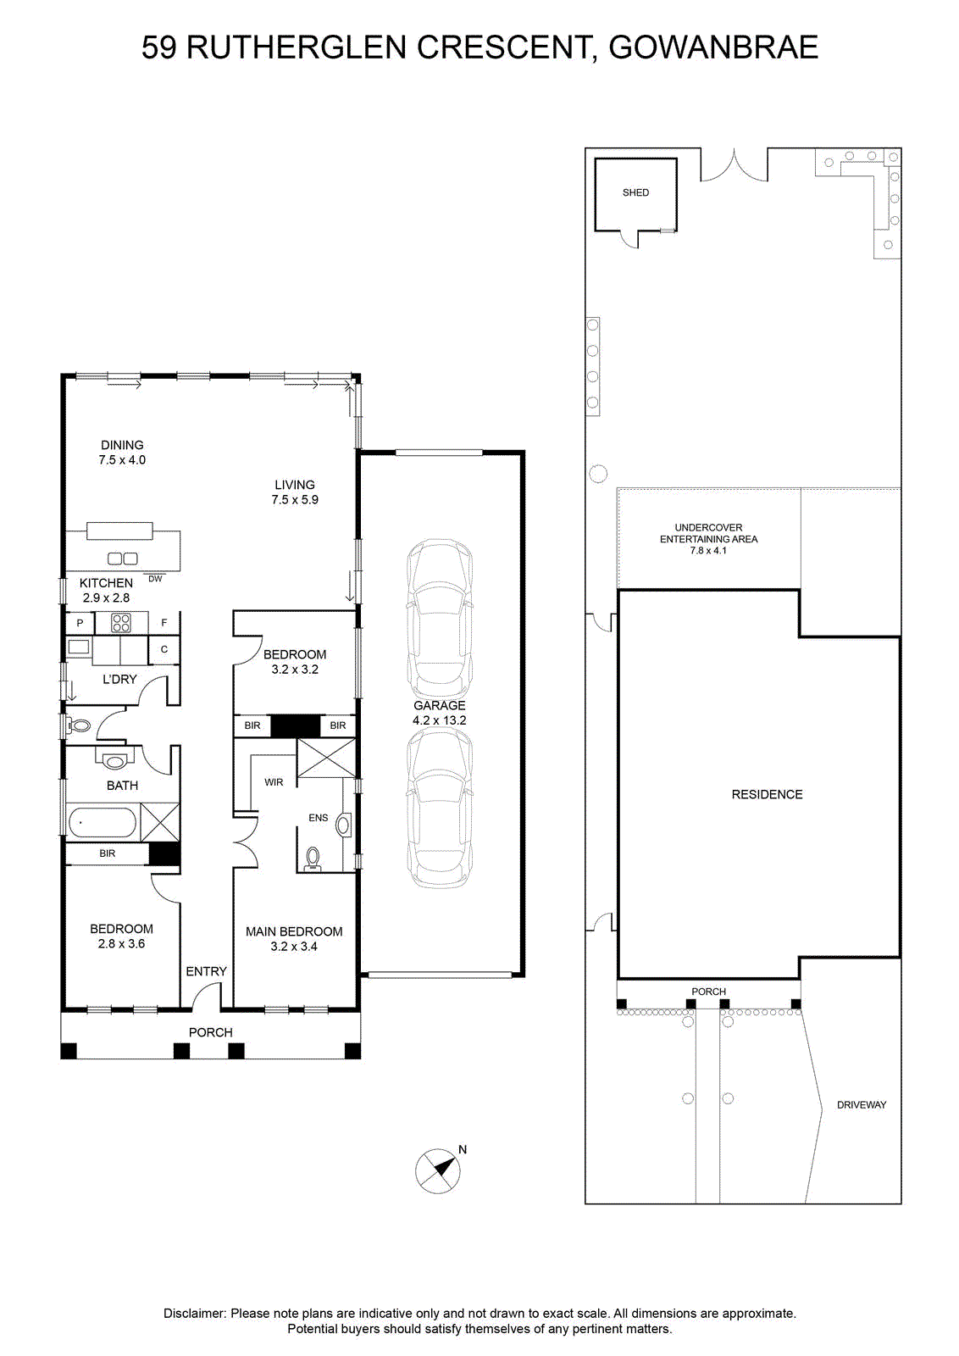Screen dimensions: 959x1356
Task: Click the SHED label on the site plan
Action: pyautogui.click(x=635, y=192)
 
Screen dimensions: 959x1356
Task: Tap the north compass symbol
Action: pyautogui.click(x=437, y=1170)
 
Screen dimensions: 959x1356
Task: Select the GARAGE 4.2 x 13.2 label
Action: pyautogui.click(x=440, y=713)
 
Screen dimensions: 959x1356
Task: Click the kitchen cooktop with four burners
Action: pyautogui.click(x=121, y=623)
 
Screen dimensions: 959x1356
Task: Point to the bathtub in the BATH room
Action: pyautogui.click(x=103, y=823)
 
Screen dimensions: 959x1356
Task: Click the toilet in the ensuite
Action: pyautogui.click(x=313, y=858)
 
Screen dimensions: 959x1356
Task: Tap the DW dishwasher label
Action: pyautogui.click(x=156, y=579)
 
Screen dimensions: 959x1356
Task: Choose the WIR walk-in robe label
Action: pyautogui.click(x=274, y=782)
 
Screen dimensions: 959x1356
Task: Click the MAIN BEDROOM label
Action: pyautogui.click(x=293, y=931)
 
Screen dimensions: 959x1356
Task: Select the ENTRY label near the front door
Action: pyautogui.click(x=207, y=971)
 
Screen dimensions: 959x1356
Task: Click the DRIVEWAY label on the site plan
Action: pyautogui.click(x=861, y=1105)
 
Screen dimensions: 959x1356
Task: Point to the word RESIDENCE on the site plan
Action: pyautogui.click(x=767, y=794)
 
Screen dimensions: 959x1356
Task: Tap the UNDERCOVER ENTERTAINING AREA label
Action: pyautogui.click(x=708, y=533)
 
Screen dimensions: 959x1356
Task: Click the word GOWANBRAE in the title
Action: pyautogui.click(x=713, y=47)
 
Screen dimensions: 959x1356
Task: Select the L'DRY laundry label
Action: pyautogui.click(x=119, y=679)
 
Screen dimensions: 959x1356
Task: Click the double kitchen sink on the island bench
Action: pyautogui.click(x=122, y=559)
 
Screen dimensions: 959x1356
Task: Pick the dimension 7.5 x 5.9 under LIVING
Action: pyautogui.click(x=295, y=499)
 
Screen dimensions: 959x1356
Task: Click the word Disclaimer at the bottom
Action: pyautogui.click(x=195, y=1314)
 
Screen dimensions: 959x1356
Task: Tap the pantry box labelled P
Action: pyautogui.click(x=80, y=623)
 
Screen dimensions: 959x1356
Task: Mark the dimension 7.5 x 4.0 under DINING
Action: pyautogui.click(x=122, y=459)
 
